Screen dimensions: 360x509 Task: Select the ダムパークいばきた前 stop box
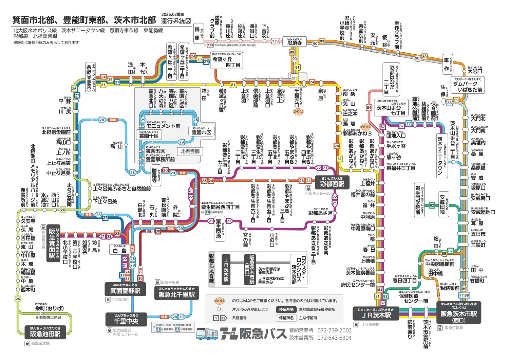point(467,85)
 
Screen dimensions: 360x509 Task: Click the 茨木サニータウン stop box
point(440,156)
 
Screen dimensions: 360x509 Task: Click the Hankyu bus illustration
point(207,334)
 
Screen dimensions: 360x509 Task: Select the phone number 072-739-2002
point(334,330)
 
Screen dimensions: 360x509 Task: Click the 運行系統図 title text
point(176,21)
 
